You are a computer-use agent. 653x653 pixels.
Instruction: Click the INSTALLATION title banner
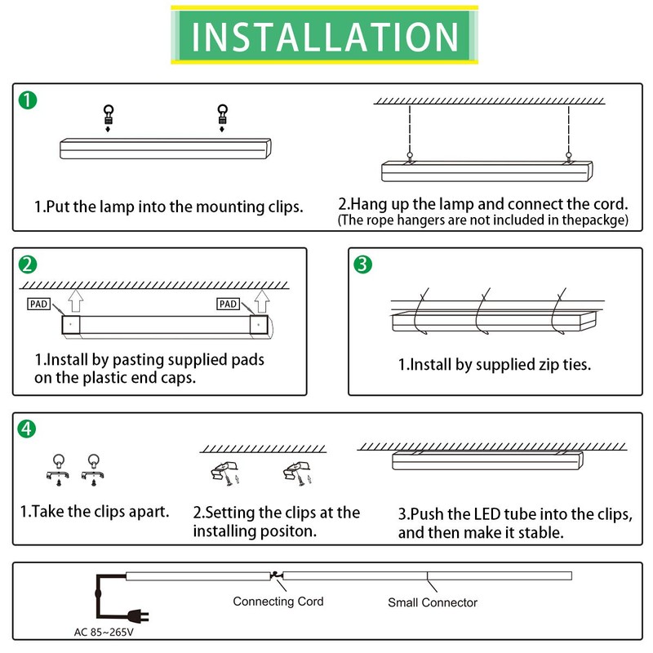[325, 36]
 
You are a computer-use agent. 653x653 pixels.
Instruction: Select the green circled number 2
[28, 264]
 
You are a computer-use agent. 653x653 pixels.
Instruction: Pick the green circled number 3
[363, 264]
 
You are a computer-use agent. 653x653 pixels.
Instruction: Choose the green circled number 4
[28, 429]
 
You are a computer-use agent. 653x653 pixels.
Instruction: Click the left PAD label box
[38, 304]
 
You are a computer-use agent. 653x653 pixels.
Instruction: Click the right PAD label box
[228, 304]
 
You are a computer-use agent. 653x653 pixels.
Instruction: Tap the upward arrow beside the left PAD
[75, 304]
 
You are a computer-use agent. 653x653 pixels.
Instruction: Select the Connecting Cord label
[278, 602]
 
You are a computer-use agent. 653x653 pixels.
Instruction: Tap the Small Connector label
[432, 602]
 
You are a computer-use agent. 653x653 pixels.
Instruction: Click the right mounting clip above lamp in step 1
[220, 116]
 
